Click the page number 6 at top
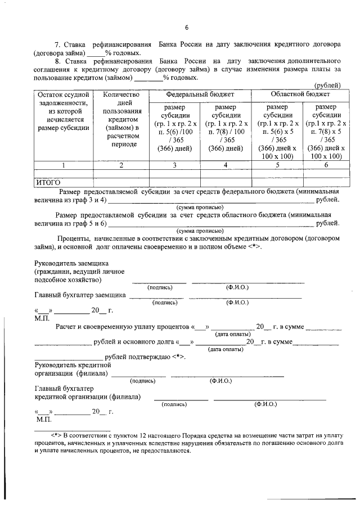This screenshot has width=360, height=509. coord(187,28)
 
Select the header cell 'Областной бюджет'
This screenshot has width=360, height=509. coord(296,94)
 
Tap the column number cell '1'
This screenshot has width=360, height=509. coord(64,165)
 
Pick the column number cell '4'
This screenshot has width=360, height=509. coord(225,165)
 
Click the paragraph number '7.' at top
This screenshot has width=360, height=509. coord(57,44)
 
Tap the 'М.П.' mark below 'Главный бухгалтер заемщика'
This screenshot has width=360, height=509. coord(43,318)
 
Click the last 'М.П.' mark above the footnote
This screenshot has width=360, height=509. coord(43,420)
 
